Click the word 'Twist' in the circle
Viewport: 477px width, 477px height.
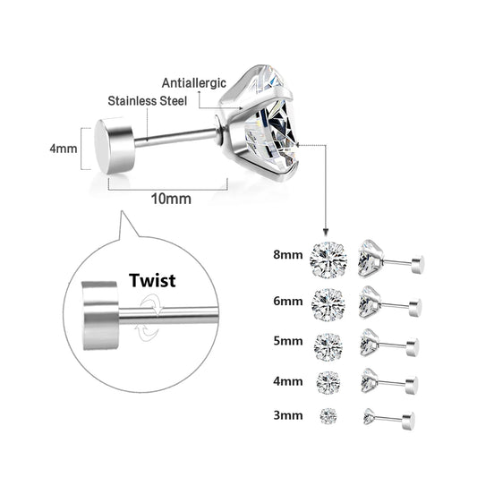point(151,280)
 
